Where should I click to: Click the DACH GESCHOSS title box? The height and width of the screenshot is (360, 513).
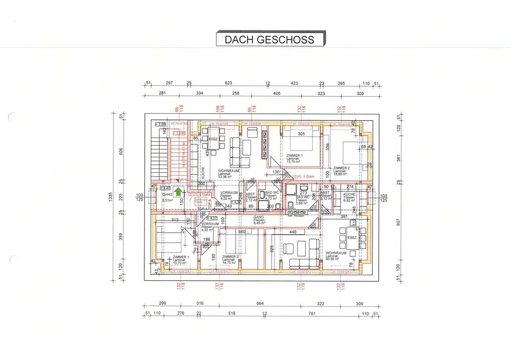pos(270,39)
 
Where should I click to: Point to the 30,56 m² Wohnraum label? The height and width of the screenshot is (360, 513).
pos(335,256)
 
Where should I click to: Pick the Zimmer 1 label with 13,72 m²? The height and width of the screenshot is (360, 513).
pos(181,259)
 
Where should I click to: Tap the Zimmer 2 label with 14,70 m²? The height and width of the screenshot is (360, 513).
pos(230,259)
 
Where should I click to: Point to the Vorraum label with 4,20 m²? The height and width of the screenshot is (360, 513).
pos(228,196)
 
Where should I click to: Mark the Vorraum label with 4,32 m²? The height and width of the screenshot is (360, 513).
pos(209,227)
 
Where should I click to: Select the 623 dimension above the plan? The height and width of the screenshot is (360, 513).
pos(228,83)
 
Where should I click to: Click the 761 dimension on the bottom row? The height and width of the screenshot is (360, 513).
pos(312,313)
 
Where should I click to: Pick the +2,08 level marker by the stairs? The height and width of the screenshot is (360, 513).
pos(160,123)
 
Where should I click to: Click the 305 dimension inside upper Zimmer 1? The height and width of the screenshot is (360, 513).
pos(301,134)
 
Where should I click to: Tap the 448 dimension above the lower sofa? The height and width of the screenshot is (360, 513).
pos(293,232)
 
